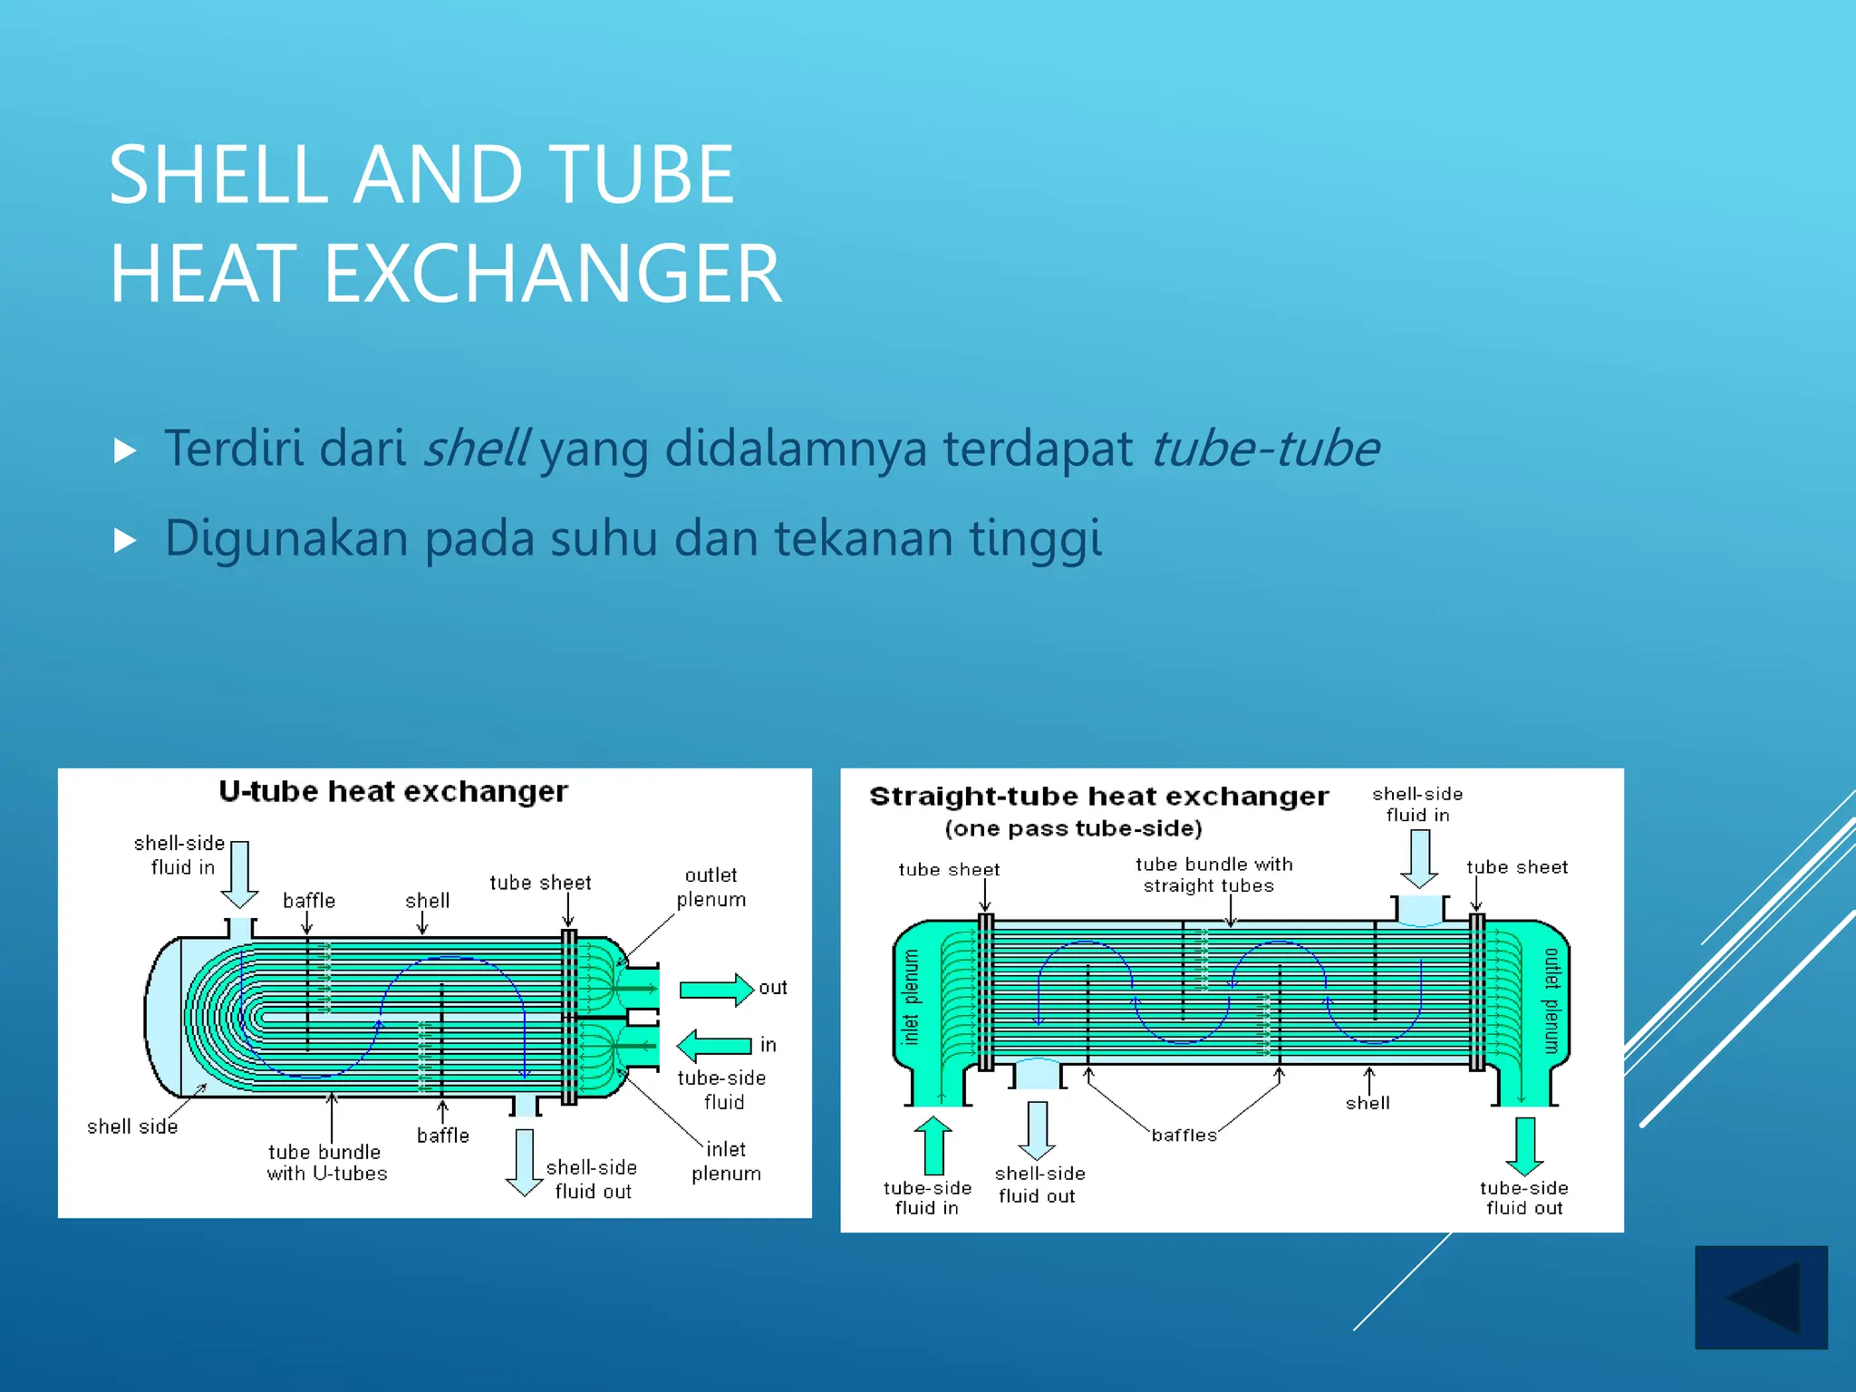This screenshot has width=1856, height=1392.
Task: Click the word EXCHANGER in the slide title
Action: point(552,274)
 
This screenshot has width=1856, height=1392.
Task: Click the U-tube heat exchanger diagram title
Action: point(393,791)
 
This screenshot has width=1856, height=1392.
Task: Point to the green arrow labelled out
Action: point(716,989)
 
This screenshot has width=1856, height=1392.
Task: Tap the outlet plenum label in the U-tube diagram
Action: point(711,887)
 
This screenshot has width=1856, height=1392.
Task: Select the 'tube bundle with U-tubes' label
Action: point(326,1163)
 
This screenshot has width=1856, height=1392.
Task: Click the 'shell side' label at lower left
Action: point(132,1126)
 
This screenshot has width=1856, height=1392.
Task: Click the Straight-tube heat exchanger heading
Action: point(1098,797)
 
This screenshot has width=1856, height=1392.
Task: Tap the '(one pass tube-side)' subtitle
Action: point(1073,828)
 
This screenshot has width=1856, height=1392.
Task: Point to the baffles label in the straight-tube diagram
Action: point(1184,1135)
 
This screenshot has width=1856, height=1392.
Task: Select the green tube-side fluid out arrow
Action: point(1525,1145)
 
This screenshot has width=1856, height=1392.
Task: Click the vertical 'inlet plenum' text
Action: point(911,997)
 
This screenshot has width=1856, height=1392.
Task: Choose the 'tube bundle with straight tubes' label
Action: point(1213,875)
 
